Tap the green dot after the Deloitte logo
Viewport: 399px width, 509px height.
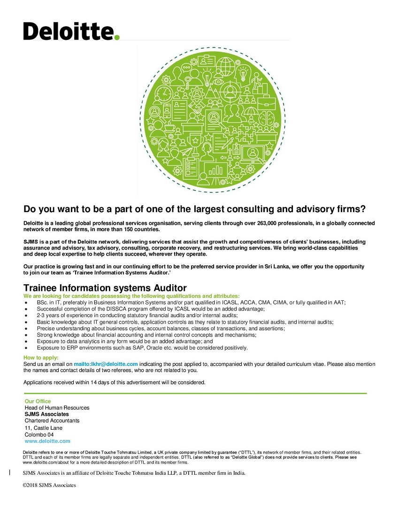point(117,37)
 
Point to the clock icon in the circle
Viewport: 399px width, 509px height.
point(164,92)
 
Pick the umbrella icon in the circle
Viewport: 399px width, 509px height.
point(252,113)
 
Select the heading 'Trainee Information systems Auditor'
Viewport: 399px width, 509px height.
point(105,288)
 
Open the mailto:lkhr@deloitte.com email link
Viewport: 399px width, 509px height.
point(106,364)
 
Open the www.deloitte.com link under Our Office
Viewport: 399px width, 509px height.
point(47,441)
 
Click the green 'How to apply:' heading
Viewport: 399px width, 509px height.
point(41,358)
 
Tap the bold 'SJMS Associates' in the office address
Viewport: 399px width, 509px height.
point(46,414)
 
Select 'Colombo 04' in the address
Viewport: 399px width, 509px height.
point(39,434)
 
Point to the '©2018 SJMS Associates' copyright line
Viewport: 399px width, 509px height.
point(49,485)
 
